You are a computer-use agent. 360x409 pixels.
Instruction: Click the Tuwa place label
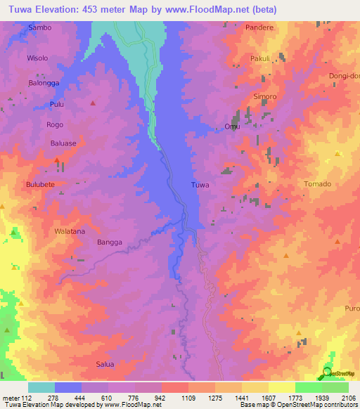200,186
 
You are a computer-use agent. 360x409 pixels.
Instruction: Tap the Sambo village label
39,27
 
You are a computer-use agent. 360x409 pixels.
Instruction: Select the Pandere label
259,27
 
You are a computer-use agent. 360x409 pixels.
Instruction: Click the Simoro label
265,96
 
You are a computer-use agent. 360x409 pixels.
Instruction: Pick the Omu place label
232,126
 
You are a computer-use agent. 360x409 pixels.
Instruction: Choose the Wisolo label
37,58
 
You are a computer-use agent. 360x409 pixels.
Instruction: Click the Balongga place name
44,82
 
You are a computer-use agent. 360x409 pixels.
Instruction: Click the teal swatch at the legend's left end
41,387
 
